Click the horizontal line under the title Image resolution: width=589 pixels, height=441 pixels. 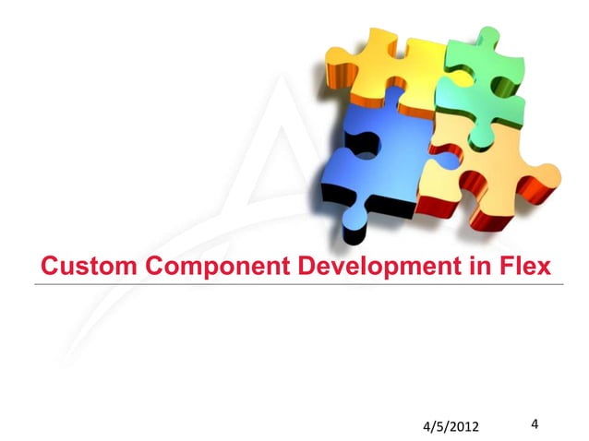coord(295,285)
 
